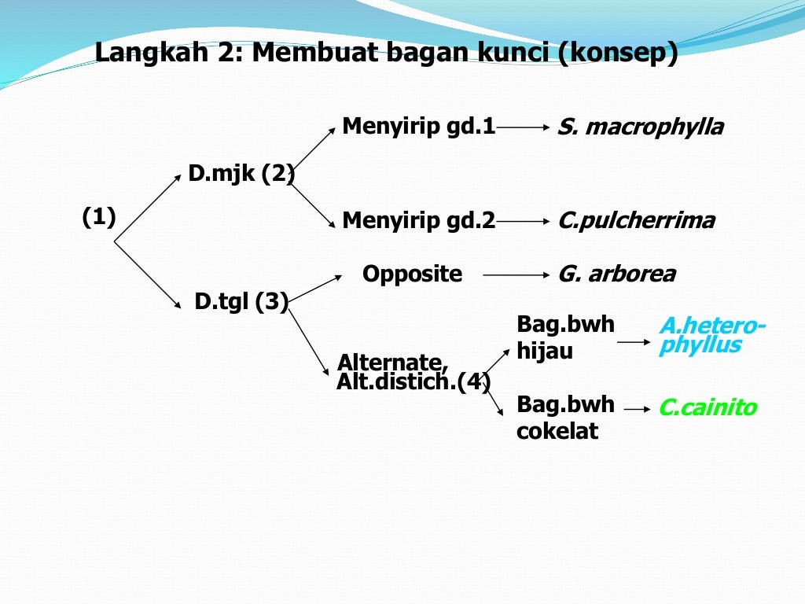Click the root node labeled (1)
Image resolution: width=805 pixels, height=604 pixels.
click(x=99, y=217)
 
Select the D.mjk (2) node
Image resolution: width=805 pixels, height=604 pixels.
click(x=241, y=173)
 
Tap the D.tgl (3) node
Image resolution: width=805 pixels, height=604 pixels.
click(x=241, y=300)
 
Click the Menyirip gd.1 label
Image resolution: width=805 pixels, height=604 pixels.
click(x=418, y=127)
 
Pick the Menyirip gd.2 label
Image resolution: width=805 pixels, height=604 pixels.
click(x=418, y=221)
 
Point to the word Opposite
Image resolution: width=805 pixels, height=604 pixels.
click(x=412, y=274)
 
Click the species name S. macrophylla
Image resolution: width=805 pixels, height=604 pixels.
click(x=640, y=127)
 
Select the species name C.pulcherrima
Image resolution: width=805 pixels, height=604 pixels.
click(x=636, y=221)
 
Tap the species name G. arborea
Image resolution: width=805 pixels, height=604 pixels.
click(x=616, y=274)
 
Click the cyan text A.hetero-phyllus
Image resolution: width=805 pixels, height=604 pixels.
click(x=711, y=336)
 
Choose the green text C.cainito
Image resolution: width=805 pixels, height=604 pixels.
click(x=708, y=407)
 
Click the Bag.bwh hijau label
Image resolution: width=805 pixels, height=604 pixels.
click(x=565, y=337)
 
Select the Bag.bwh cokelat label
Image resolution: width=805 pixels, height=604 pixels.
click(x=565, y=418)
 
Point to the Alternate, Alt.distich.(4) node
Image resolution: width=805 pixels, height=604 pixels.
click(x=414, y=372)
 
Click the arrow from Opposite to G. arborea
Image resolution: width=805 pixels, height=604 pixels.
click(x=515, y=275)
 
